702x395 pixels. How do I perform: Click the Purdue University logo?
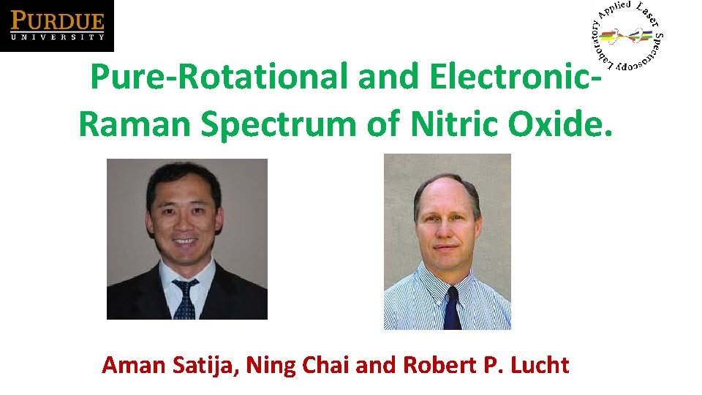pyautogui.click(x=57, y=26)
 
